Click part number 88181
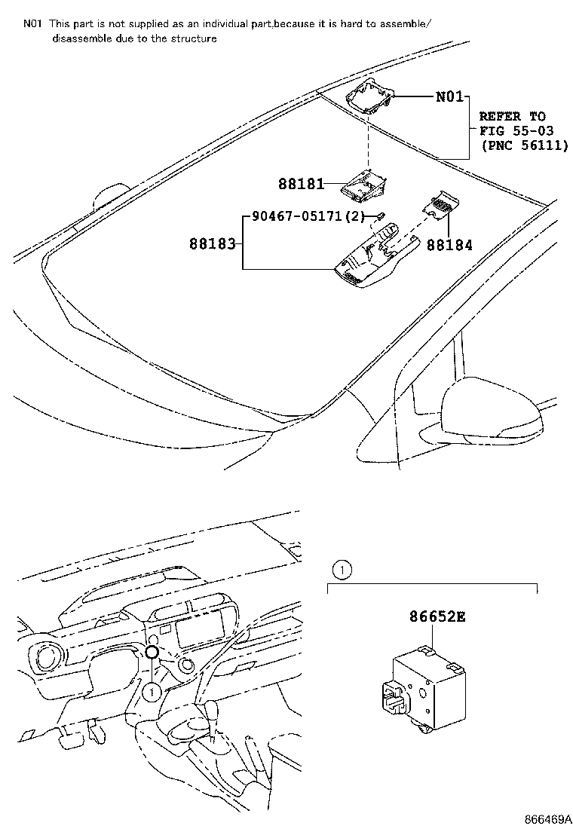point(301,184)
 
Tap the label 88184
point(449,244)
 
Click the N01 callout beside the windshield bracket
point(450,97)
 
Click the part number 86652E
point(437,617)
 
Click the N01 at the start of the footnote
point(32,24)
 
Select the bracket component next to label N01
point(371,96)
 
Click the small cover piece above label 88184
point(440,203)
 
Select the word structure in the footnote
point(193,38)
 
